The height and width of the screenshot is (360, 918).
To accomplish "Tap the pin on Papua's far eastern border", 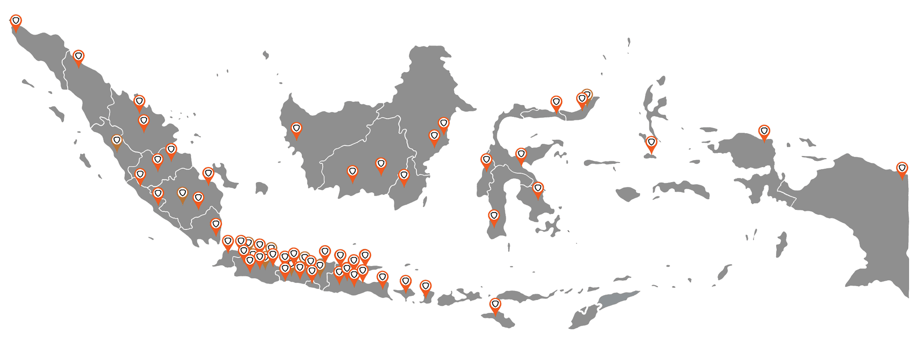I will [902, 169].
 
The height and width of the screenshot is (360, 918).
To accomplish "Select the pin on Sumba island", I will [495, 305].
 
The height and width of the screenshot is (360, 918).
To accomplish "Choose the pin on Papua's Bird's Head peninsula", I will [764, 132].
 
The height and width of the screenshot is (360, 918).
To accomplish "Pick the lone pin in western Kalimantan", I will [296, 129].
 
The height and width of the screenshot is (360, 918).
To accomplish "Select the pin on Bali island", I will [383, 278].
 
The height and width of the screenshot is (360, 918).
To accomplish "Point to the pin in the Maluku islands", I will [652, 143].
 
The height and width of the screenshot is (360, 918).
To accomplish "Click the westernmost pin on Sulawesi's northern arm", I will [556, 103].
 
